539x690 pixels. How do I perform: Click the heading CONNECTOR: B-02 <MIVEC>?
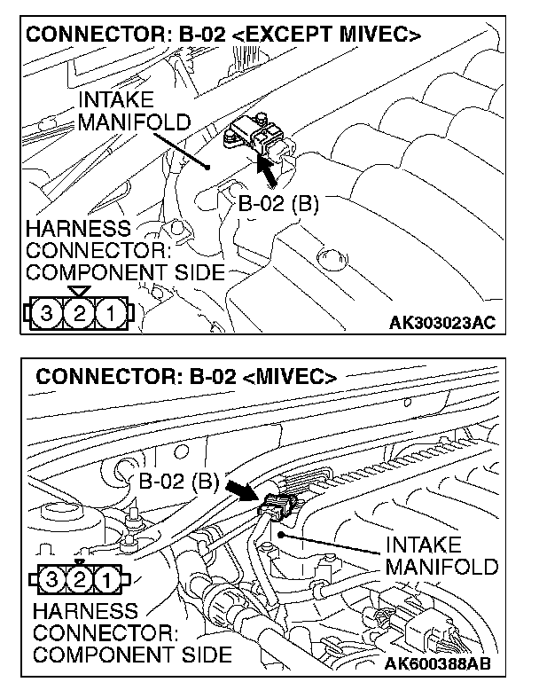click(x=186, y=376)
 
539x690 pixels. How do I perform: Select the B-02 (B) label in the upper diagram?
click(x=278, y=203)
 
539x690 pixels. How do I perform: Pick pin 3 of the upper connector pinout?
click(x=46, y=313)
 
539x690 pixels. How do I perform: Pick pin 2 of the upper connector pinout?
click(x=78, y=313)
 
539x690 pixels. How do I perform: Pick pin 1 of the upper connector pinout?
click(x=110, y=313)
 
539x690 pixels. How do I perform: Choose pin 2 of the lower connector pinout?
click(x=79, y=582)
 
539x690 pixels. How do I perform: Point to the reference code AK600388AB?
click(x=440, y=663)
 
